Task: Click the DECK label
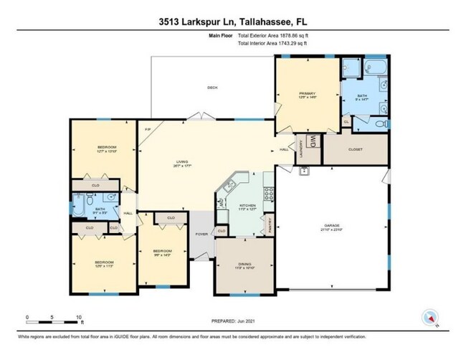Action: pos(212,87)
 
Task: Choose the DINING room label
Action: pos(244,265)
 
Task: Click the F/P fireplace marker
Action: pos(148,130)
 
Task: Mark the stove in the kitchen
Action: pos(268,193)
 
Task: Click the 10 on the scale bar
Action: pos(80,316)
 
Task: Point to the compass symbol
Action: pos(430,318)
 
